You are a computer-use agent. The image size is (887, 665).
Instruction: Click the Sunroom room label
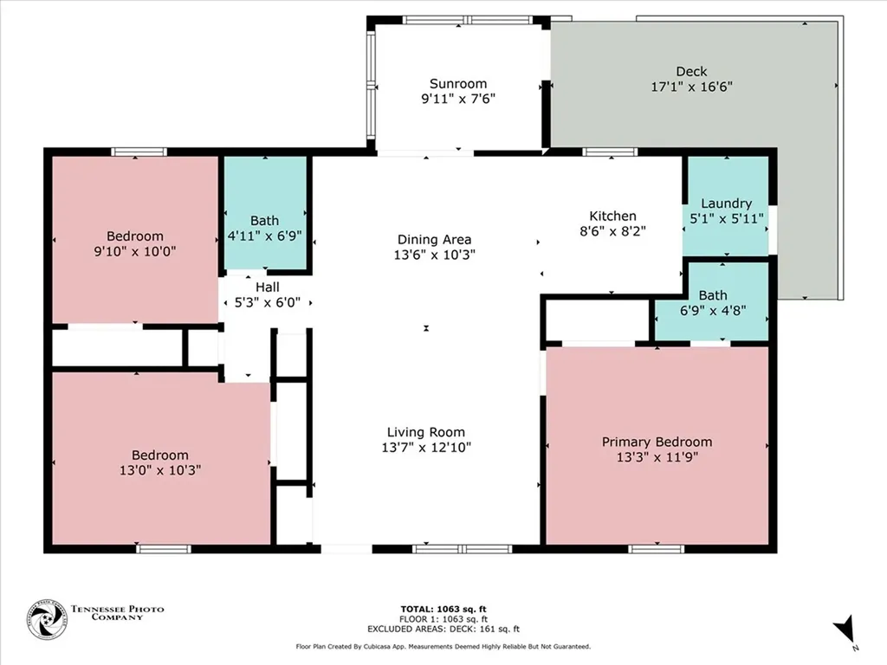tap(458, 84)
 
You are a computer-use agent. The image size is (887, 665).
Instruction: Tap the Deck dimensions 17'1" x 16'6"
tap(691, 87)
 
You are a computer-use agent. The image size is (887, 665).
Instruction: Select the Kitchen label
tap(612, 216)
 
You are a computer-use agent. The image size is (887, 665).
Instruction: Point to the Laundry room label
tap(727, 203)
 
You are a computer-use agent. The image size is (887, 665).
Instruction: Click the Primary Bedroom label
tap(657, 442)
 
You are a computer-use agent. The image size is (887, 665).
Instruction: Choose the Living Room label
tap(426, 433)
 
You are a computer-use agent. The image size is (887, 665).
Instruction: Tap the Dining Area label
tap(435, 240)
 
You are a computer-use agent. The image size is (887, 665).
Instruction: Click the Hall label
tap(267, 287)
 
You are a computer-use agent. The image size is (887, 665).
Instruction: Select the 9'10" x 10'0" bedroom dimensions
tap(134, 251)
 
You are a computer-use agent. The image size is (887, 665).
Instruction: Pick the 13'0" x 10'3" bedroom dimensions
tap(160, 470)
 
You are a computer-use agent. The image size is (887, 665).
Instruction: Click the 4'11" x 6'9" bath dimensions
tap(264, 236)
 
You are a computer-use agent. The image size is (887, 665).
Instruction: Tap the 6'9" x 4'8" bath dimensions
tap(713, 310)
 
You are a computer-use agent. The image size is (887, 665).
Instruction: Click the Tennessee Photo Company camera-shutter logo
tap(47, 620)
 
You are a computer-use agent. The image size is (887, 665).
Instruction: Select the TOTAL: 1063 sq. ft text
tap(443, 609)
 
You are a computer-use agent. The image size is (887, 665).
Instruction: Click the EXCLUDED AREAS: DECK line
tap(443, 629)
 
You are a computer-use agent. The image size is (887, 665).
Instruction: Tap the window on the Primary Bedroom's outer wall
tap(657, 548)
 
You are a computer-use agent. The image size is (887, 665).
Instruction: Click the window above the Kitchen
tap(610, 152)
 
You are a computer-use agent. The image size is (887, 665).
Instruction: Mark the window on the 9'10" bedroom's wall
tap(139, 152)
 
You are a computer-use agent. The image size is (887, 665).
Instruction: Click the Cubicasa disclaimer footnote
tap(443, 646)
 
